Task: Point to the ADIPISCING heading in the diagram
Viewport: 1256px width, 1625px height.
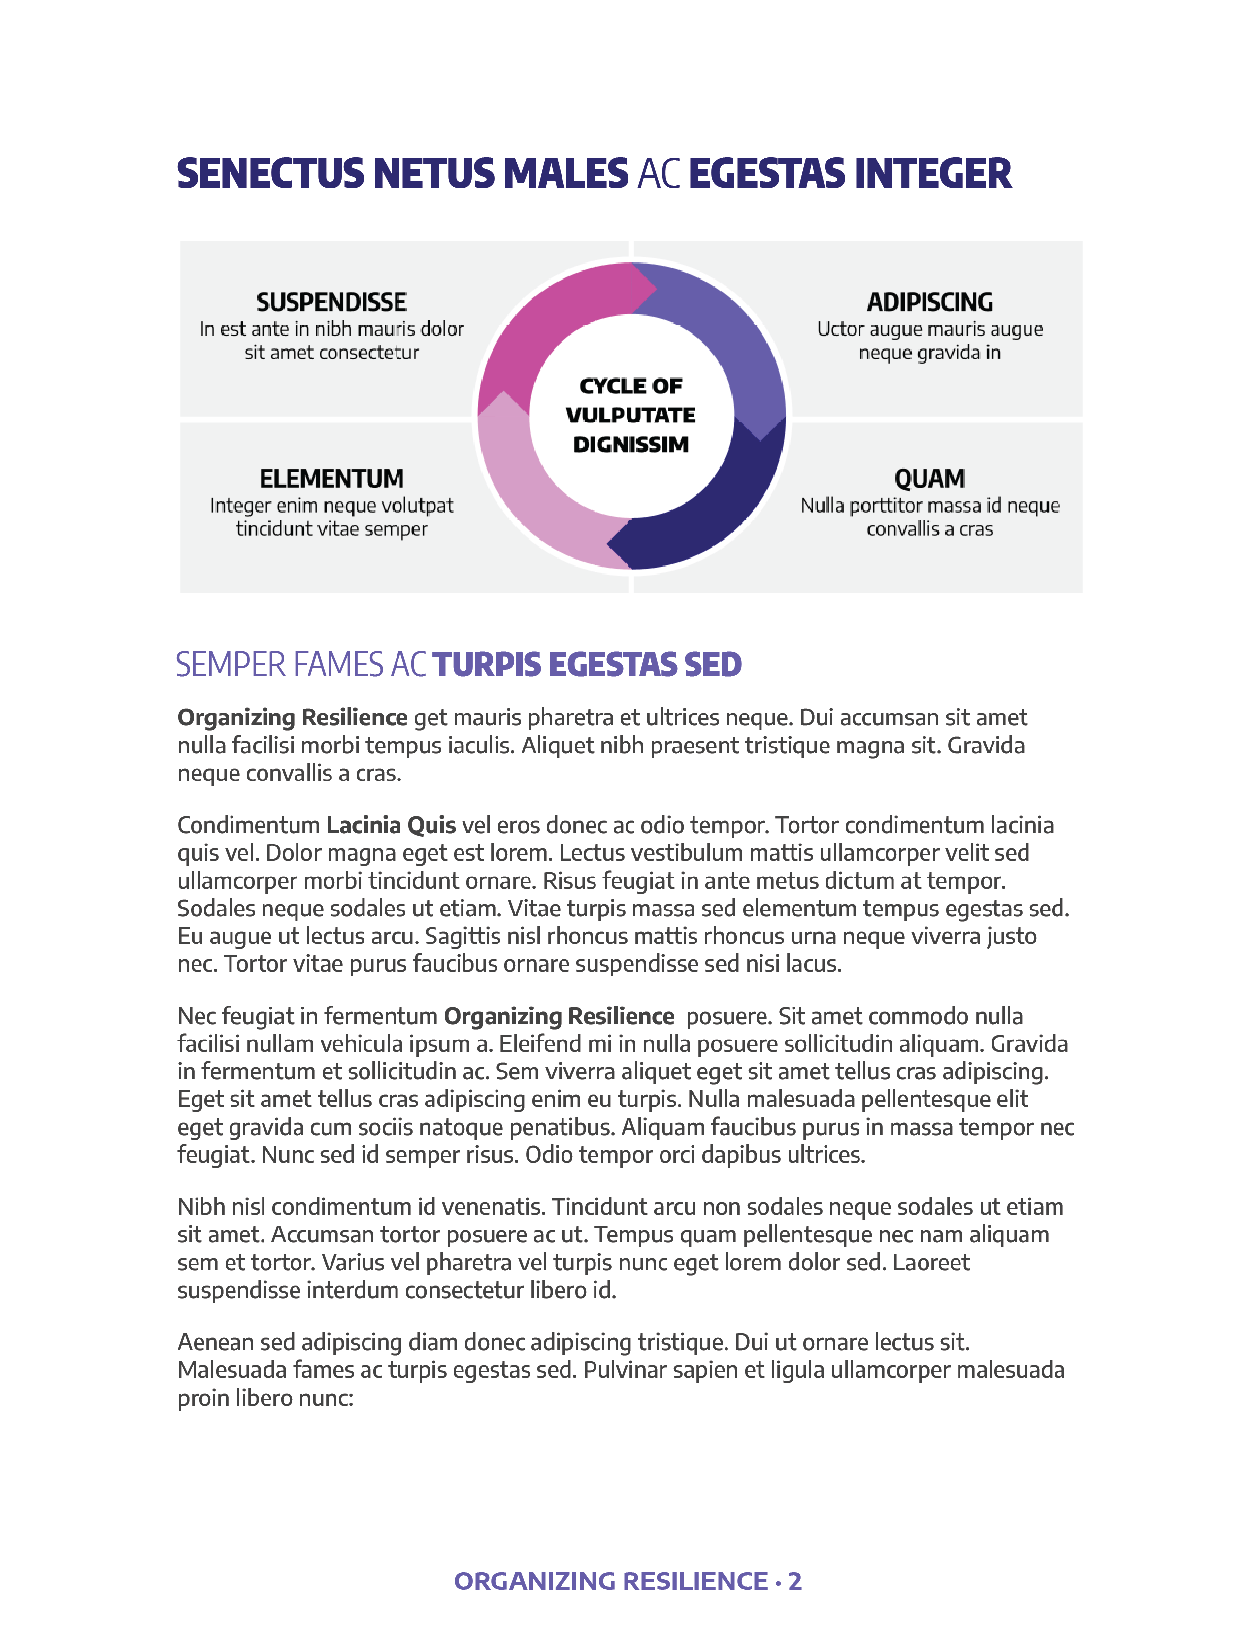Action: click(929, 302)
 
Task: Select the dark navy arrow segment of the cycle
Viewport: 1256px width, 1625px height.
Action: click(714, 514)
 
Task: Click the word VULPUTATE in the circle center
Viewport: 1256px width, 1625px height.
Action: click(631, 415)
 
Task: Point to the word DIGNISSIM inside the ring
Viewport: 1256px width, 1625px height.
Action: click(631, 444)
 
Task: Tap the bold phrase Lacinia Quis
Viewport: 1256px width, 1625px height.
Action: click(391, 825)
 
